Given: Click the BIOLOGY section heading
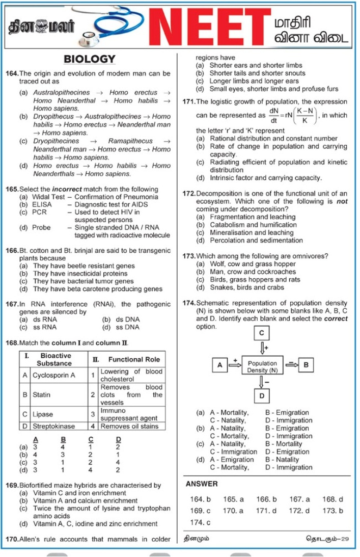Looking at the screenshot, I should tap(90, 59).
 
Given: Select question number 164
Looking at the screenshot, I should tap(12, 74).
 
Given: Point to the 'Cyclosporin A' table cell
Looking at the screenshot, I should tap(53, 375).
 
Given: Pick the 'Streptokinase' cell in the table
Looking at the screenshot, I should tap(53, 426).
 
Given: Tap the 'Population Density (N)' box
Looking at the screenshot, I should tap(262, 367).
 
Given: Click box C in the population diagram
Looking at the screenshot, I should tap(262, 333).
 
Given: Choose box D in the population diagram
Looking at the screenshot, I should tap(262, 396).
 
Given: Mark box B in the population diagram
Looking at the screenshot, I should tap(306, 365).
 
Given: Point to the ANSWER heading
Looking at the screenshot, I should tap(201, 484).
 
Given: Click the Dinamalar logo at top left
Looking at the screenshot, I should tap(41, 26).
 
